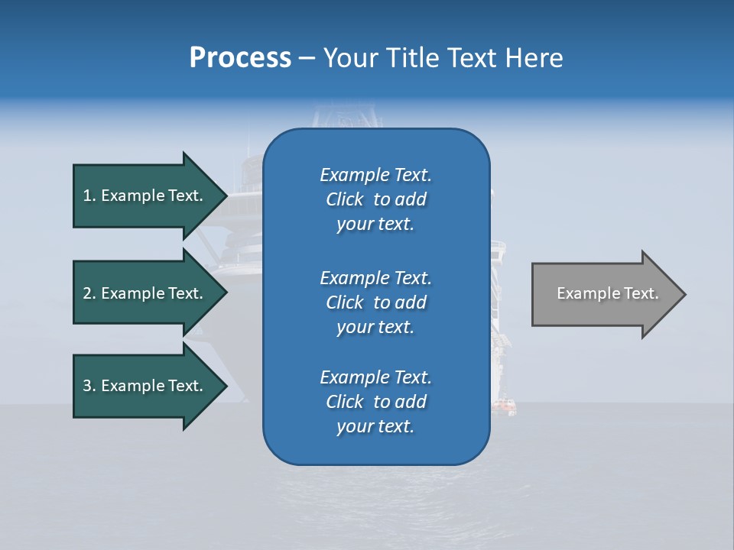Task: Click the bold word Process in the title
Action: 240,58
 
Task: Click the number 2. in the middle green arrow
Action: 89,293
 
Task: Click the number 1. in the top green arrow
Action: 89,196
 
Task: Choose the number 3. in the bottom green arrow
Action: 89,386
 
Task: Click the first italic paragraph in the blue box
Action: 375,199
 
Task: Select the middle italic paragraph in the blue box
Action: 375,302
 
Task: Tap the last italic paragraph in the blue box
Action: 375,402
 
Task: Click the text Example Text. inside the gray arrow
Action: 607,293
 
